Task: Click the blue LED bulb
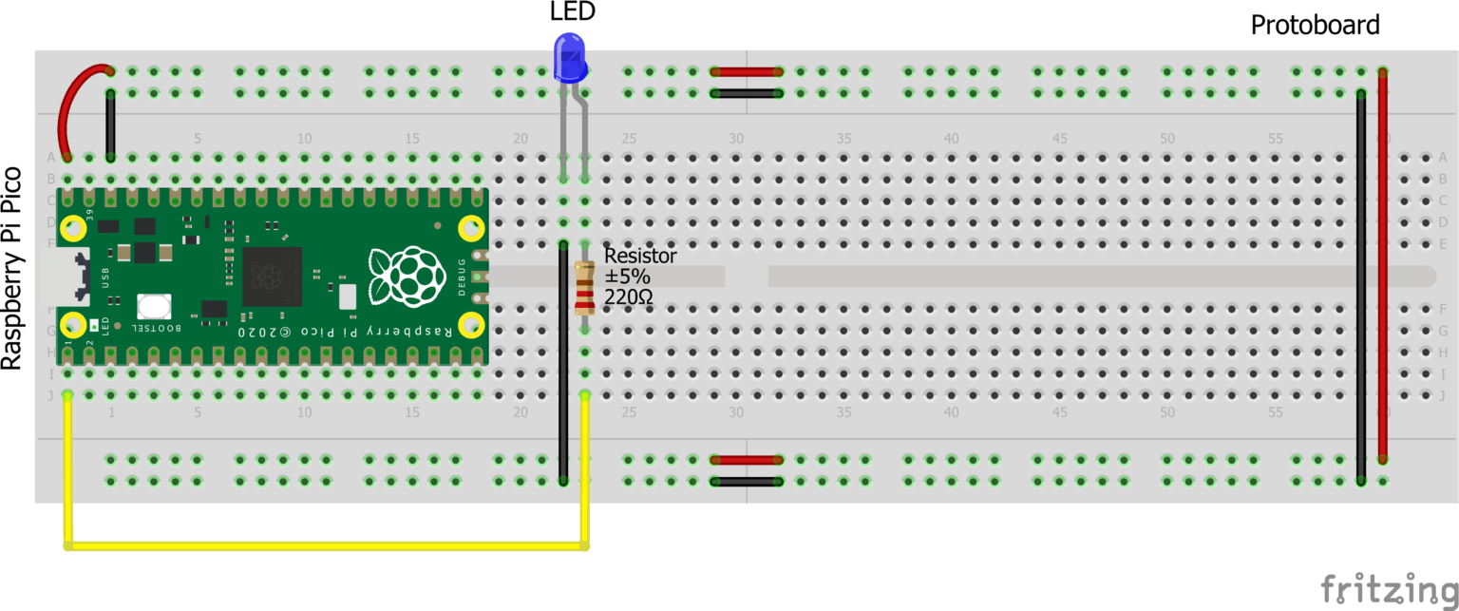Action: pos(569,58)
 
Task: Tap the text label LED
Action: pos(573,12)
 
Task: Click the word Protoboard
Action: pos(1315,26)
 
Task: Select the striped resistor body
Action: pos(584,287)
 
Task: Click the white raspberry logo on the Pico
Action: pos(407,277)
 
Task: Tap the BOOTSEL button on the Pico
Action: pos(154,306)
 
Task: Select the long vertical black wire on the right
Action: pos(1361,285)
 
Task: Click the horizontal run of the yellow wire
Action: pos(323,545)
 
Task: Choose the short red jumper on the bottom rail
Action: pos(747,460)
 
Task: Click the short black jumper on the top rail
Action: pos(747,93)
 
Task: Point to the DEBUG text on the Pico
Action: pos(463,277)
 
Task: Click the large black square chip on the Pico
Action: pos(272,277)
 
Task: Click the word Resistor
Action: pos(640,256)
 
